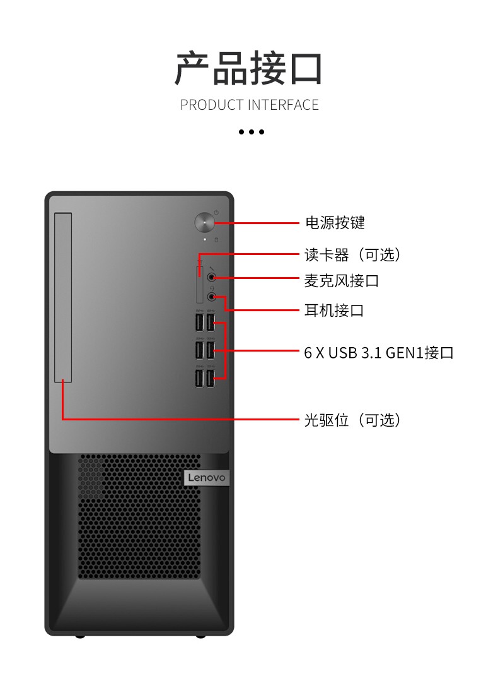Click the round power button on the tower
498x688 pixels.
(x=204, y=223)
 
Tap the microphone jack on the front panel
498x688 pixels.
(x=212, y=277)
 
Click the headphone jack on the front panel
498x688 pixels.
(x=212, y=297)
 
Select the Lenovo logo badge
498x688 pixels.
(x=206, y=478)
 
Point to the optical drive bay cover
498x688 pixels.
(x=63, y=297)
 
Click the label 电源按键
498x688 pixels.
(x=335, y=223)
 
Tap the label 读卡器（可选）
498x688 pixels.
(x=352, y=254)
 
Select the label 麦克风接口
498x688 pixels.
(x=342, y=281)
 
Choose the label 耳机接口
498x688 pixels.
(x=334, y=311)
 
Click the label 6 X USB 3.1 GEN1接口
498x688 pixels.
(x=379, y=353)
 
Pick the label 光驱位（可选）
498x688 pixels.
(x=352, y=420)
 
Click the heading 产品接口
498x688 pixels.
(x=248, y=68)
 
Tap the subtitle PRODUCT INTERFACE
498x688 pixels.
(x=250, y=105)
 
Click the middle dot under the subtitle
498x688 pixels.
(x=252, y=132)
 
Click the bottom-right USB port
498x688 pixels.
(x=211, y=378)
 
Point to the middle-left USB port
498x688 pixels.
(x=199, y=350)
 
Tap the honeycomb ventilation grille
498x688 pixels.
(x=139, y=516)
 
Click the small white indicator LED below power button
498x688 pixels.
(x=205, y=240)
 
